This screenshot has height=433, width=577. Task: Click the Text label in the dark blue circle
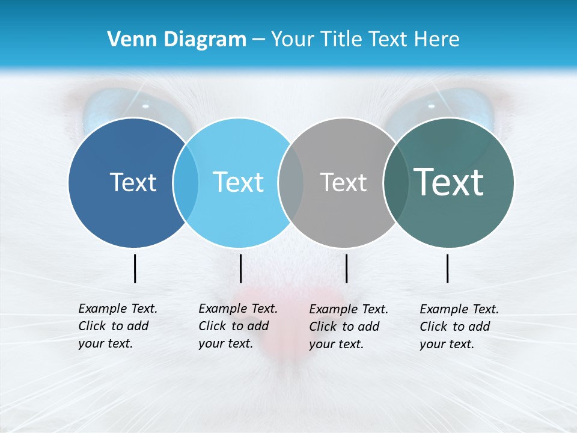(133, 182)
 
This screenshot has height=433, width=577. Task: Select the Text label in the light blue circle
(238, 182)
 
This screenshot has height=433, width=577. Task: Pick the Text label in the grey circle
(343, 182)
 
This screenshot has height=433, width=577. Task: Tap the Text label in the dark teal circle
(449, 182)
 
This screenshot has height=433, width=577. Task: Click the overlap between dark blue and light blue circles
(186, 182)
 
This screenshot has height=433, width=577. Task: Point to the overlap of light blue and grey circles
(291, 182)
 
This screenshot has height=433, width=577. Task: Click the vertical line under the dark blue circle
(135, 268)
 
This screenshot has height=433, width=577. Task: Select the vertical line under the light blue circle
(240, 268)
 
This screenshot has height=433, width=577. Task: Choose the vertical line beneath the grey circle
(346, 268)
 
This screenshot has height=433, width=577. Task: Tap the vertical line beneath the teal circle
(448, 268)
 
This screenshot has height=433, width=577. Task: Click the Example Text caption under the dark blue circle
(117, 326)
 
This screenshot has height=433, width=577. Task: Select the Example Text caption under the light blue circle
(237, 326)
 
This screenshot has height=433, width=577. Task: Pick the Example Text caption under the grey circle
(348, 327)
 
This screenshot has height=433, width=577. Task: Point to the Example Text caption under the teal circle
(459, 327)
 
